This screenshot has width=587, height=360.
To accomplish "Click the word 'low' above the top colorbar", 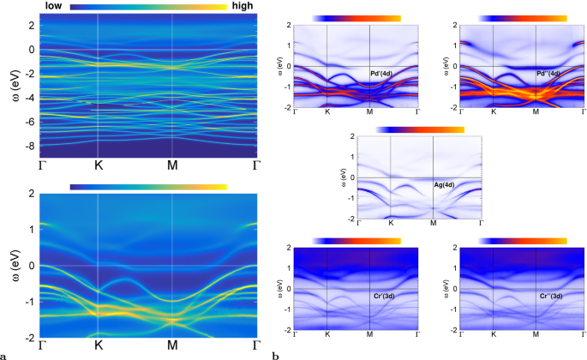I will click(x=53, y=6).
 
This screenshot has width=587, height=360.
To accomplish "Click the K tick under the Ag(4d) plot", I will click(x=391, y=224).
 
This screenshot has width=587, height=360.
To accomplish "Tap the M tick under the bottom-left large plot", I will click(x=172, y=345).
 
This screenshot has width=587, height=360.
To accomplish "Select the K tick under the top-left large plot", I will click(x=98, y=165).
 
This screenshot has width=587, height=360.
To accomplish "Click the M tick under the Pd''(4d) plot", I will click(x=535, y=112).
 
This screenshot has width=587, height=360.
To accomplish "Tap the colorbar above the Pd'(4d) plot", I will click(x=357, y=17).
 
